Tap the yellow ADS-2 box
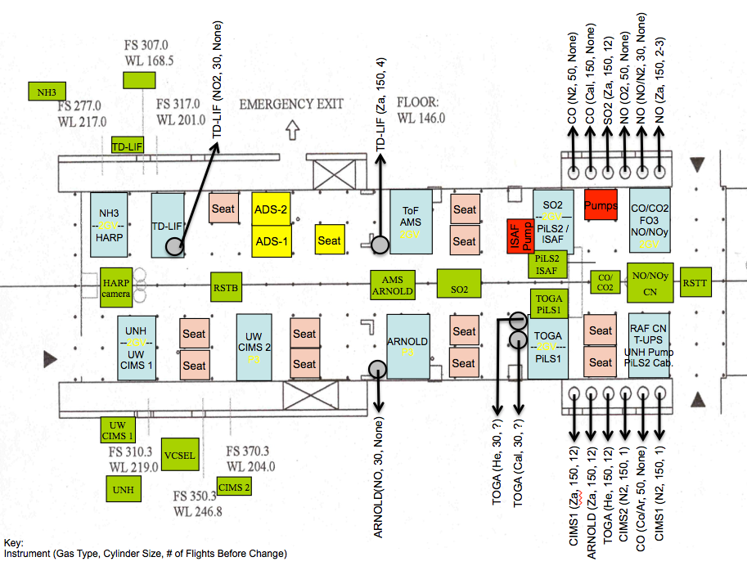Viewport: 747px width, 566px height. click(x=272, y=209)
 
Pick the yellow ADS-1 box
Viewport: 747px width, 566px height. click(x=272, y=242)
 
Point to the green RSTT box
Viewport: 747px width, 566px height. click(x=696, y=283)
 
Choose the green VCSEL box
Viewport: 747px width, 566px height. click(x=179, y=456)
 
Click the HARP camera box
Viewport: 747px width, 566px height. click(x=116, y=287)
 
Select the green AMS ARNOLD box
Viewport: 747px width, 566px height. click(x=393, y=285)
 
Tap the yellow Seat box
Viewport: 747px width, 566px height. click(x=329, y=240)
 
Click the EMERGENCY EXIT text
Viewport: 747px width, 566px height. click(x=291, y=105)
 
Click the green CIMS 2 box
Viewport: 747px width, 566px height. click(x=234, y=488)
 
